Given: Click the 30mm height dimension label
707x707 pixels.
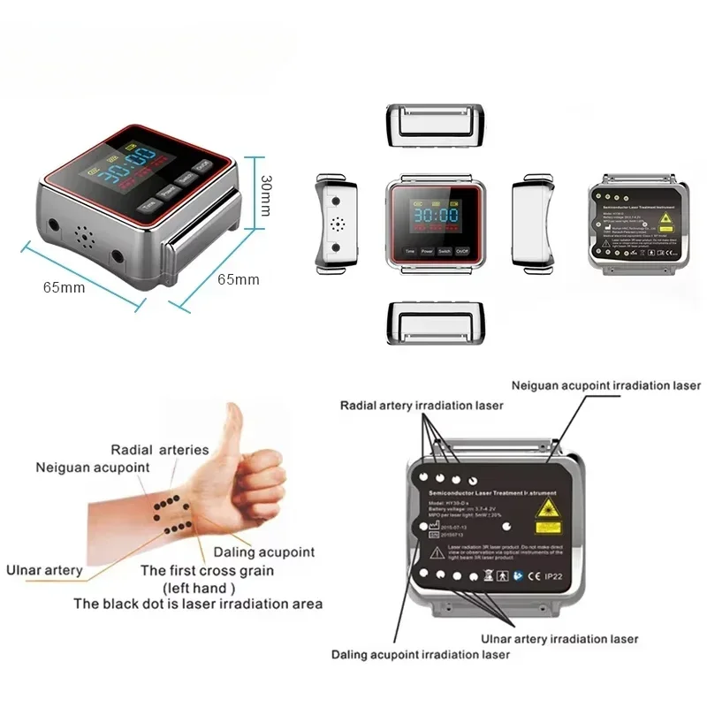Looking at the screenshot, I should click(x=267, y=195).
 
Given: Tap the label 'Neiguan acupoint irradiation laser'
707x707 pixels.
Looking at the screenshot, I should click(x=605, y=385).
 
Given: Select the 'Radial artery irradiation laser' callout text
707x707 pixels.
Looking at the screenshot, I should click(x=422, y=405).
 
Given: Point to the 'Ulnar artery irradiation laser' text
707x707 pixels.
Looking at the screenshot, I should click(x=559, y=638).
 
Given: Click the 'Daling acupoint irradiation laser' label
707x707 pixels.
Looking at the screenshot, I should click(x=421, y=655).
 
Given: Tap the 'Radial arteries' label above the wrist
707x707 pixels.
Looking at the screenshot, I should click(x=160, y=449).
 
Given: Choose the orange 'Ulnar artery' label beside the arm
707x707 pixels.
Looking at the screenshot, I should click(x=44, y=570).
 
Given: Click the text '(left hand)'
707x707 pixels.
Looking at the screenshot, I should click(x=199, y=587).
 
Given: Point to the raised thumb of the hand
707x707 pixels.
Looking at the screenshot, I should click(x=233, y=424).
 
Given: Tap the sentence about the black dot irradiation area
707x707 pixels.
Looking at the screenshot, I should click(x=198, y=604).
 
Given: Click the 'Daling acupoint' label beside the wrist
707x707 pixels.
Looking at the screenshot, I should click(x=264, y=552).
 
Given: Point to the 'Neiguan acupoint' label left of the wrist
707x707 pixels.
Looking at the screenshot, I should click(x=92, y=467).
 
